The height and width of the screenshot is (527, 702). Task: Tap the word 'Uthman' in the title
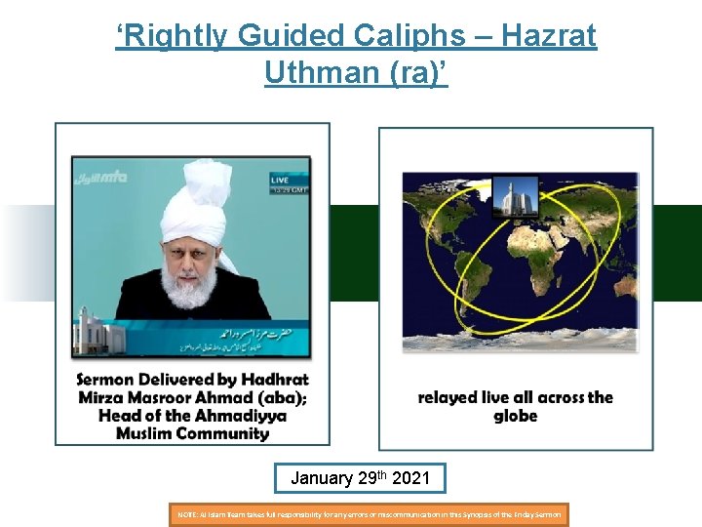point(317,71)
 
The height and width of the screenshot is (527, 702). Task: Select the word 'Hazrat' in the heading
point(547,37)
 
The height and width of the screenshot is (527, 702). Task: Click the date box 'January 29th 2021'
point(360,478)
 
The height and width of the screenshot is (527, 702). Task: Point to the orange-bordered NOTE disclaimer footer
point(369,513)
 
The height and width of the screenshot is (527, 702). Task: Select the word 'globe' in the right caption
point(515,417)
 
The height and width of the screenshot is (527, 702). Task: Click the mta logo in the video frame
point(105,177)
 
